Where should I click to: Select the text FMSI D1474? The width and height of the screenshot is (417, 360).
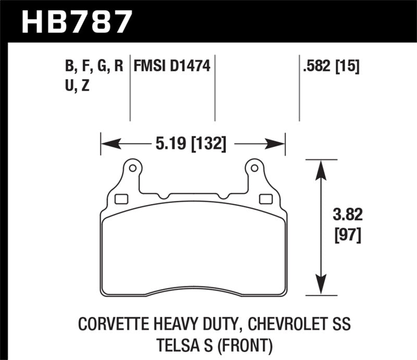pos(172,67)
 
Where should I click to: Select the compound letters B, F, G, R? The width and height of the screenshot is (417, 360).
pos(94,67)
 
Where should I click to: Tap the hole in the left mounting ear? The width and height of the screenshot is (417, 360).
pos(132,168)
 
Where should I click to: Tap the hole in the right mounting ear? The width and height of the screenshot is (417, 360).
pos(254,168)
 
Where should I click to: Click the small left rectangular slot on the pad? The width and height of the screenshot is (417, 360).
pos(120,198)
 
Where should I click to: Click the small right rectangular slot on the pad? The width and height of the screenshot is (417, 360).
pos(265,198)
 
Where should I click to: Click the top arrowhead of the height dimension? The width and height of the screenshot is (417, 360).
pos(321,165)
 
